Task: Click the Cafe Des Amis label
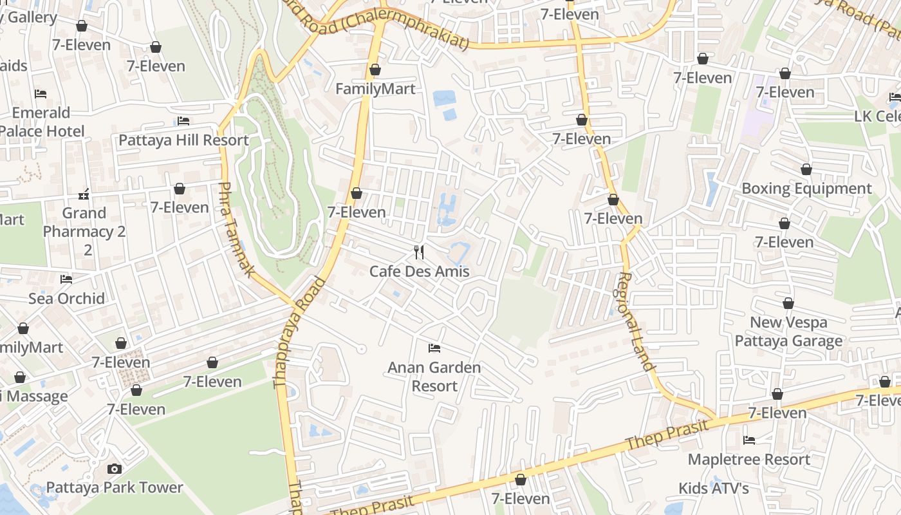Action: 419,271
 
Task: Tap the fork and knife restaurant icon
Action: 419,252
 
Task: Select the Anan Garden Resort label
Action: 434,377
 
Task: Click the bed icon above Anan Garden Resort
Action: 434,348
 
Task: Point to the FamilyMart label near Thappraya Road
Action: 375,89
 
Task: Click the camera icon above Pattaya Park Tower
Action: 115,469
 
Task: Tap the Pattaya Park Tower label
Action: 115,487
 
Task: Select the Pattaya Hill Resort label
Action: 183,140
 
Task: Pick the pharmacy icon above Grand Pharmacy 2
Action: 84,194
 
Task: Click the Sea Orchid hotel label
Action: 66,298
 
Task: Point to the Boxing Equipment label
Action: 806,189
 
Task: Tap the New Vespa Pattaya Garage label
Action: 788,332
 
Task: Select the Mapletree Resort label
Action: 749,460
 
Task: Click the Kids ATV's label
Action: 714,489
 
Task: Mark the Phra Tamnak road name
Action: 236,229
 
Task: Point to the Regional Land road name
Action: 635,321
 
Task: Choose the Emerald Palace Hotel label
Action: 41,122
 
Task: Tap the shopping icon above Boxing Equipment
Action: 806,169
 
